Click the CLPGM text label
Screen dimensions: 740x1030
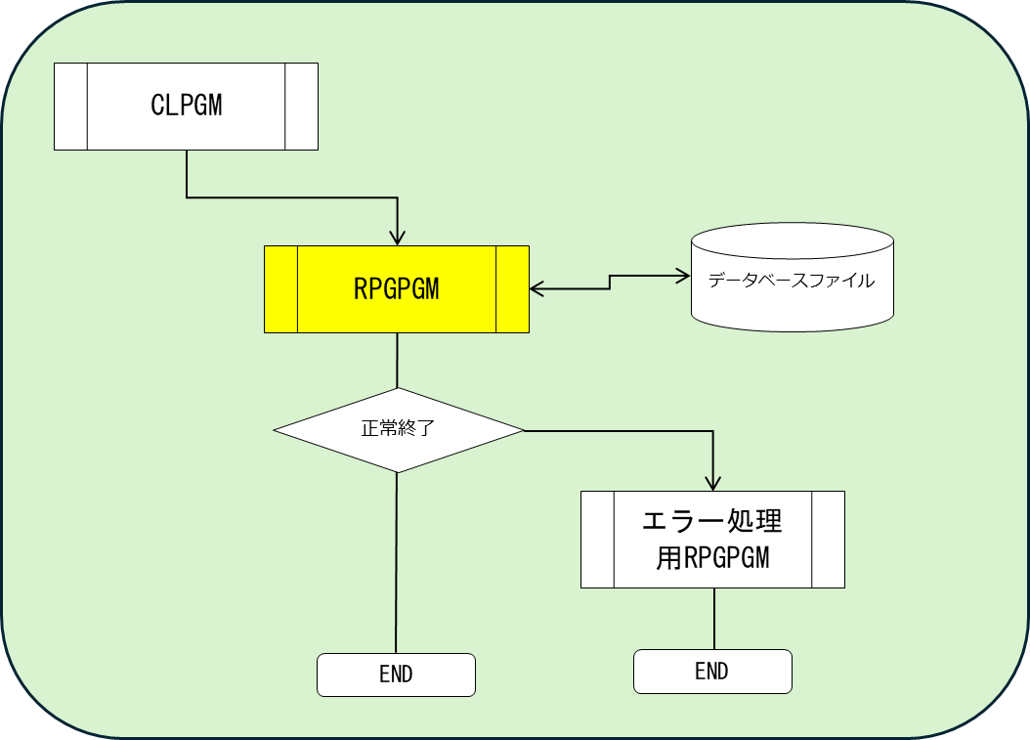[x=187, y=106]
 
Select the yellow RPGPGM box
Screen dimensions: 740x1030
[x=396, y=289]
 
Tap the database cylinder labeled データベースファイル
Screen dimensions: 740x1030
[x=792, y=278]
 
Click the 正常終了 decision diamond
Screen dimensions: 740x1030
[x=398, y=430]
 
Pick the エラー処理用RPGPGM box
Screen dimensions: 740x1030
[x=712, y=539]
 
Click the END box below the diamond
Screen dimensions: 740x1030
[x=396, y=675]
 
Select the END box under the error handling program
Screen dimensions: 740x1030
[x=712, y=672]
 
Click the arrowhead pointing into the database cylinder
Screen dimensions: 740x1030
[x=682, y=277]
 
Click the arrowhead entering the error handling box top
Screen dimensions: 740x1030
[x=713, y=482]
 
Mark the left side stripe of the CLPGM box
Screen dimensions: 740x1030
[x=70, y=107]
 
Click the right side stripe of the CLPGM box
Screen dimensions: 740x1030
[x=302, y=107]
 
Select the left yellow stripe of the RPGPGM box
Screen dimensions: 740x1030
[x=280, y=289]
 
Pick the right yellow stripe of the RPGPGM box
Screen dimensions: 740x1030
[x=513, y=289]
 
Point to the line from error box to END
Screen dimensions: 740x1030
[x=713, y=618]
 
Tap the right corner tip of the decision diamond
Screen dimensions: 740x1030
[x=522, y=430]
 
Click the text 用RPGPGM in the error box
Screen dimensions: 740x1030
[x=712, y=558]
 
